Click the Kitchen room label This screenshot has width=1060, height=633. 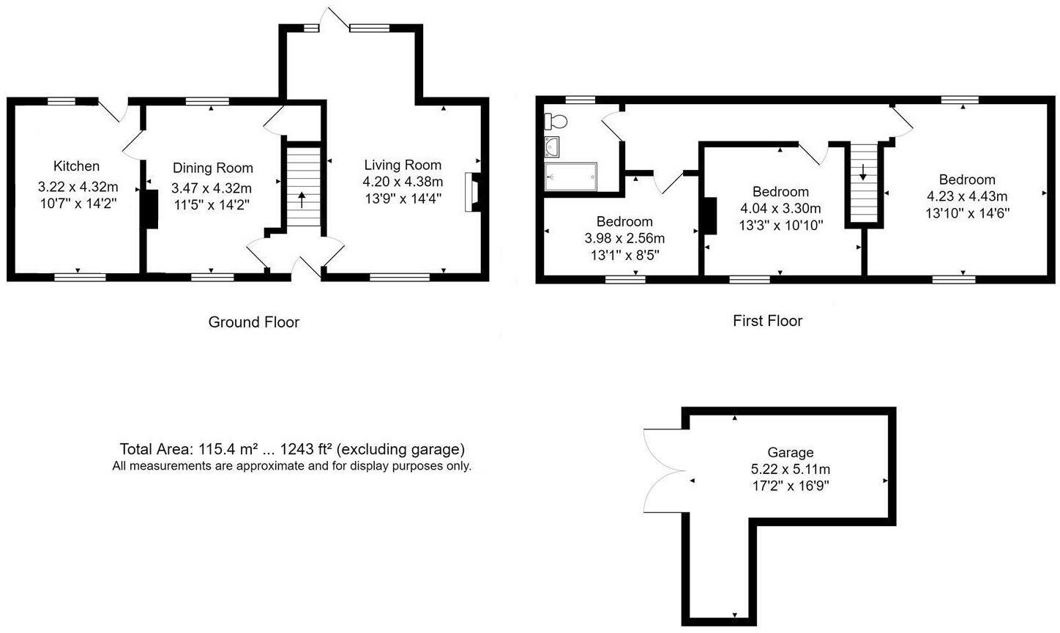pyautogui.click(x=76, y=166)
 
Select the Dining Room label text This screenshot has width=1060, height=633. pyautogui.click(x=212, y=169)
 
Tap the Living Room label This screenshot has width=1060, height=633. pyautogui.click(x=403, y=165)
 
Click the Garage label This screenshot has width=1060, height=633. pyautogui.click(x=790, y=453)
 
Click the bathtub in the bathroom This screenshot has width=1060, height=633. pyautogui.click(x=571, y=176)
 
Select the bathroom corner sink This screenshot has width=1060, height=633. pyautogui.click(x=551, y=147)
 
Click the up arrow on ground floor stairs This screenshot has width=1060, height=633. pyautogui.click(x=302, y=199)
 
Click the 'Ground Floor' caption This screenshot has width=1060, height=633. pyautogui.click(x=254, y=322)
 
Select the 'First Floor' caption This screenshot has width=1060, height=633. pyautogui.click(x=767, y=321)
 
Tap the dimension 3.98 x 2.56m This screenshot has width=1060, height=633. pyautogui.click(x=624, y=238)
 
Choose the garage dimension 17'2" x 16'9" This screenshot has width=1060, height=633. pyautogui.click(x=790, y=485)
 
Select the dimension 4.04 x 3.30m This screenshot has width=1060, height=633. pyautogui.click(x=780, y=209)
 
